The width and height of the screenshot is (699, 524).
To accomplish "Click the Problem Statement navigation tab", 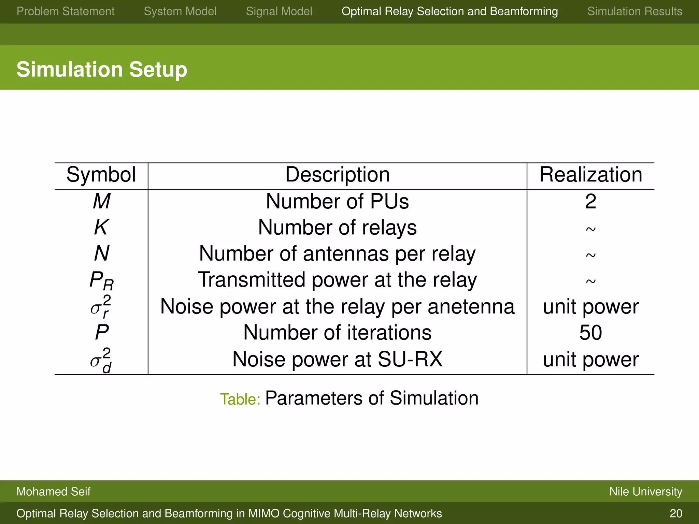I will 66,12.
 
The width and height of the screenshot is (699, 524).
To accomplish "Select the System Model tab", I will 180,12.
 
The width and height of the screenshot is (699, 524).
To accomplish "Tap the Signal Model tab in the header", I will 279,12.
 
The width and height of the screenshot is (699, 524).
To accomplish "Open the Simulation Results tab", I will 634,12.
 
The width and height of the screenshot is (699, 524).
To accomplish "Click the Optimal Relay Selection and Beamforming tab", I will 450,12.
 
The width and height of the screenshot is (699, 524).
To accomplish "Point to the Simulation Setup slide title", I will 102,69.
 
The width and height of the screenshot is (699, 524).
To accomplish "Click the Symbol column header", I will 101,175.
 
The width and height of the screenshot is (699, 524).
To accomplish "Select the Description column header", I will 337,175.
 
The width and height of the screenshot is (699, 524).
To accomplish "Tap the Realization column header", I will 590,175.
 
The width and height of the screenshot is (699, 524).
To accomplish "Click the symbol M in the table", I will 101,201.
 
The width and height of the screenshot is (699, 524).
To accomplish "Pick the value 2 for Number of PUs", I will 590,201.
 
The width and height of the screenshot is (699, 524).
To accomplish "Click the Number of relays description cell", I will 337,228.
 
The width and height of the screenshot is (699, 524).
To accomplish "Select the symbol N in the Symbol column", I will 101,254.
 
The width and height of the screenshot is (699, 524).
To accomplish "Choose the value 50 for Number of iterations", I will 590,333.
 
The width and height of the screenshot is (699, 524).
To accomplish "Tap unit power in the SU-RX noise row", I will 590,360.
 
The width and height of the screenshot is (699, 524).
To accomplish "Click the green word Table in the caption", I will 240,399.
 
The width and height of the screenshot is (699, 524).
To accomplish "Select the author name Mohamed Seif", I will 53,492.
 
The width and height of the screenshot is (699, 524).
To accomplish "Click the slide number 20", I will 676,513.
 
